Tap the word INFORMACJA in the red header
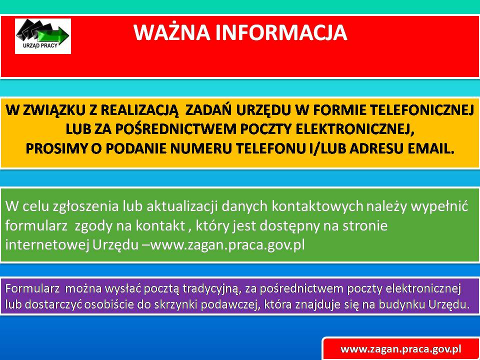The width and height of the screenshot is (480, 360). [x=281, y=32]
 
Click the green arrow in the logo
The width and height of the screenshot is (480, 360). [x=53, y=35]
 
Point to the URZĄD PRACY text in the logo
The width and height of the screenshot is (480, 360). [x=40, y=46]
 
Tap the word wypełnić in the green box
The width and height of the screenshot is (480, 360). [x=439, y=206]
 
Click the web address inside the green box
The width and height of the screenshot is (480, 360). [x=227, y=245]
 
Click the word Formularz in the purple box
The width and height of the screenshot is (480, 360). [x=32, y=288]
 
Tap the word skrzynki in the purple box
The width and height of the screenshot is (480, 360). [x=183, y=305]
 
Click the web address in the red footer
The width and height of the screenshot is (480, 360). [x=401, y=349]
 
